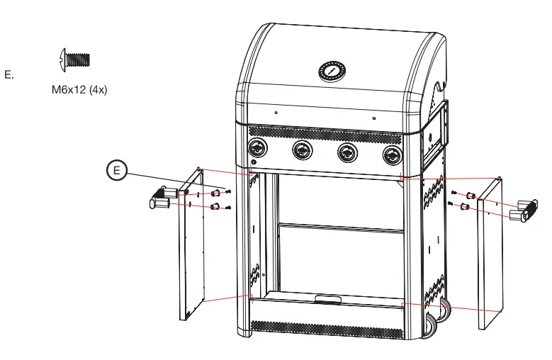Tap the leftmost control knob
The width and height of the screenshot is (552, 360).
pos(257,150)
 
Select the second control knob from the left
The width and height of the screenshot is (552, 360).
pos(302,151)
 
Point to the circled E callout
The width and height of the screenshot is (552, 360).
pos(117,171)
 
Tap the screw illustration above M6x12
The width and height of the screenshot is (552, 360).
pos(74,59)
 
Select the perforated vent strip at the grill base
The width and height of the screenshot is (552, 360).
pos(326,327)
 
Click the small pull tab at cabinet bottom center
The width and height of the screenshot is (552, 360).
pos(327,300)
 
